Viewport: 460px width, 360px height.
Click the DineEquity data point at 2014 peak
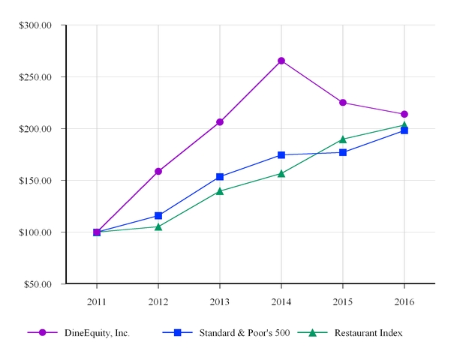coord(281,61)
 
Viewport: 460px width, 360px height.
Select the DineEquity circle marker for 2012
coord(158,171)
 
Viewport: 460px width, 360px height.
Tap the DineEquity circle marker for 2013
coord(220,121)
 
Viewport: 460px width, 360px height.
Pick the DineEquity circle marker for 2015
coord(343,103)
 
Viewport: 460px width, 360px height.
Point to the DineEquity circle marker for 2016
coord(404,114)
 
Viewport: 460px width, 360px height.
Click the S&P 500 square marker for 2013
coord(220,177)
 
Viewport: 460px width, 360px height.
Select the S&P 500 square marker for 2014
coord(281,155)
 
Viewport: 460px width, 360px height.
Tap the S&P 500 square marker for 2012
coord(158,216)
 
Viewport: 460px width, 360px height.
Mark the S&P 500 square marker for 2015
coord(343,152)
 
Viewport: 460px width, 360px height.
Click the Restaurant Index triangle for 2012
coord(158,226)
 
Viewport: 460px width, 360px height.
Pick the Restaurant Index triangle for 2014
coord(281,173)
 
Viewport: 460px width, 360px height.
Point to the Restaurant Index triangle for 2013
coord(220,190)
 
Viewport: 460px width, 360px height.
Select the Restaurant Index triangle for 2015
coord(343,139)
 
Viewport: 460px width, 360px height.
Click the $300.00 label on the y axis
coord(35,25)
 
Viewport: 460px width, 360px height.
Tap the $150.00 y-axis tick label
coord(35,181)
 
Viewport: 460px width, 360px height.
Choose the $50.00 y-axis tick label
coord(38,284)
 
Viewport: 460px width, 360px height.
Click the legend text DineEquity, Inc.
coord(95,333)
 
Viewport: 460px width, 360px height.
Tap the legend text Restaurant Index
coord(368,333)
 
